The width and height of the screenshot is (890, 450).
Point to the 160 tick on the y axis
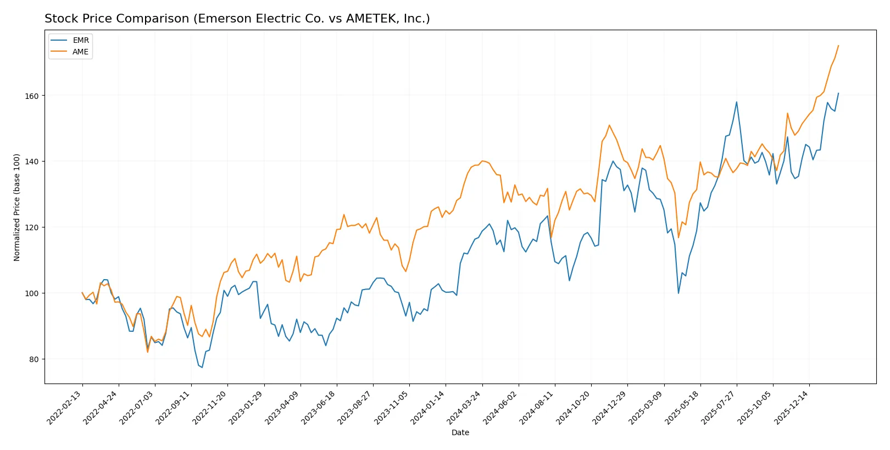(32, 96)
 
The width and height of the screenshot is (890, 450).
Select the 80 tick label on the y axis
(34, 359)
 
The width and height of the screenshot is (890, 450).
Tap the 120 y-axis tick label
(32, 227)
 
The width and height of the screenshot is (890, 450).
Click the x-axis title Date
(460, 432)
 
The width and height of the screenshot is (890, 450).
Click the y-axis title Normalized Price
(17, 207)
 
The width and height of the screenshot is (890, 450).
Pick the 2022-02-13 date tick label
(65, 408)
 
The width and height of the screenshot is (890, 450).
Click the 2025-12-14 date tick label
(792, 408)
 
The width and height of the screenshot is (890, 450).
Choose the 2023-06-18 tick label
(319, 408)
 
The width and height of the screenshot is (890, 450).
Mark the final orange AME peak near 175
(838, 46)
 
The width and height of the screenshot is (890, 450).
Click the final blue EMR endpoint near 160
(838, 93)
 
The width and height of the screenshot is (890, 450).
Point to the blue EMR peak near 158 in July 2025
(737, 102)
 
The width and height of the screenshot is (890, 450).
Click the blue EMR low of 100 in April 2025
(678, 293)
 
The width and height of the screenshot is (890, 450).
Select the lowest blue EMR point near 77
(202, 368)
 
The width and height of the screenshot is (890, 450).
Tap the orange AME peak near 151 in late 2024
(609, 125)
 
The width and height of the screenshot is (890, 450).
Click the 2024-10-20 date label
(574, 408)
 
